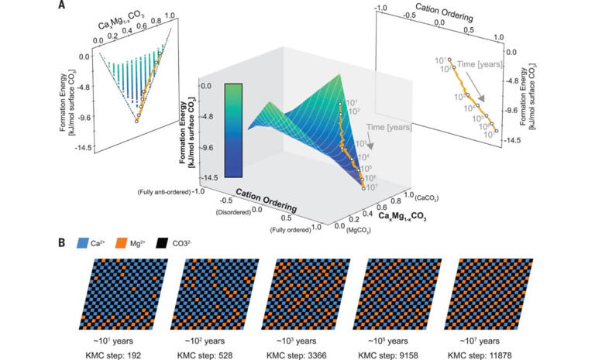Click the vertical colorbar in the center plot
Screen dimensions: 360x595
[x=233, y=130]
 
